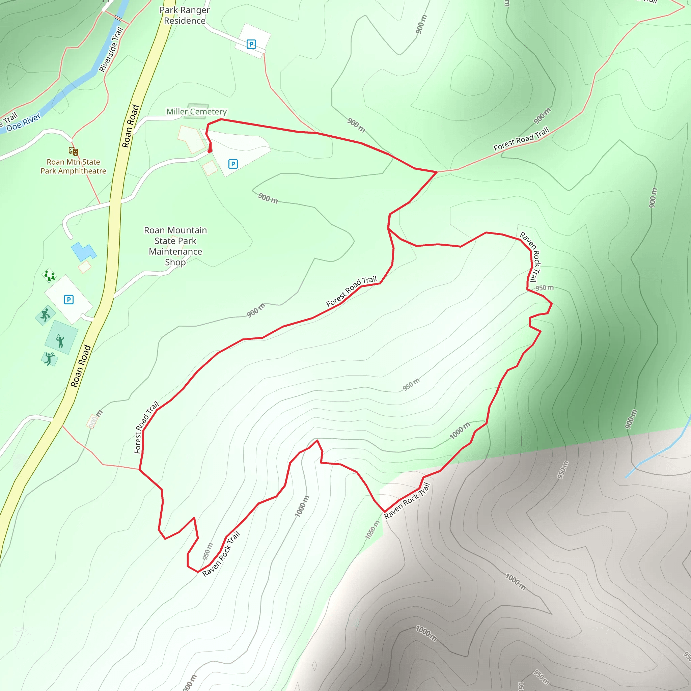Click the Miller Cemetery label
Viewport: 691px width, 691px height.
pyautogui.click(x=196, y=112)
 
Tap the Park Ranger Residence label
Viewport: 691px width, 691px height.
pyautogui.click(x=185, y=16)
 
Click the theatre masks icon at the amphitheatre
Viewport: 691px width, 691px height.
pyautogui.click(x=74, y=151)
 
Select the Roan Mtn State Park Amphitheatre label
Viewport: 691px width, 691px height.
pyautogui.click(x=73, y=166)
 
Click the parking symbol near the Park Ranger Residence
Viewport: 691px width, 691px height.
pyautogui.click(x=251, y=44)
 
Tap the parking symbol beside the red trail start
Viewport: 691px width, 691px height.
pyautogui.click(x=233, y=164)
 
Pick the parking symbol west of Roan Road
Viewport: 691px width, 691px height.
pyautogui.click(x=69, y=299)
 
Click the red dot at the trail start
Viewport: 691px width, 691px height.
pyautogui.click(x=210, y=151)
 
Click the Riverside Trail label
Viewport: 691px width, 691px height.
pyautogui.click(x=111, y=50)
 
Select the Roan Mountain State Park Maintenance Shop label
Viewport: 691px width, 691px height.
pyautogui.click(x=175, y=246)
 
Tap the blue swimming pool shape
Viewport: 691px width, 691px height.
pyautogui.click(x=83, y=251)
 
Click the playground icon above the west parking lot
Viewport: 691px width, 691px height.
pyautogui.click(x=49, y=275)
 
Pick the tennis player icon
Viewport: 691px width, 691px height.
pyautogui.click(x=60, y=341)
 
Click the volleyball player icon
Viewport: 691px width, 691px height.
pyautogui.click(x=49, y=358)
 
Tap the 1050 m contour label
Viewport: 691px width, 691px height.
pyautogui.click(x=372, y=530)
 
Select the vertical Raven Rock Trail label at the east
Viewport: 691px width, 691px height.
pyautogui.click(x=530, y=256)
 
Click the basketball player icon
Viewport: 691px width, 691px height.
pyautogui.click(x=45, y=315)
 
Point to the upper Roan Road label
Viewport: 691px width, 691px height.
pyautogui.click(x=130, y=126)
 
